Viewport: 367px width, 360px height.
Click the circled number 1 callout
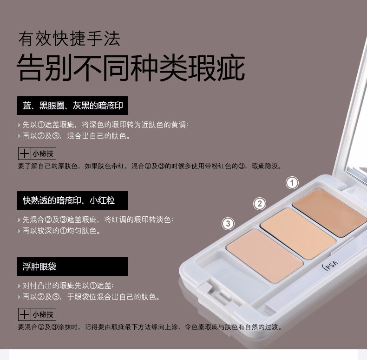tap(292, 183)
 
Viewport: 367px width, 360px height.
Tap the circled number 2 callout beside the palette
tap(260, 204)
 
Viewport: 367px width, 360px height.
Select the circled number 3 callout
tap(228, 223)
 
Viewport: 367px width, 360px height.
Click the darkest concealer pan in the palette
tap(329, 212)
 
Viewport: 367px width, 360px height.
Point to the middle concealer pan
tap(298, 233)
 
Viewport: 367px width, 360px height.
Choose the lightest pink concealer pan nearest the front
tap(265, 255)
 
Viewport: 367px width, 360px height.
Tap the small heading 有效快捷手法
tap(69, 39)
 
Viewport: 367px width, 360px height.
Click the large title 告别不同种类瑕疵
tap(131, 68)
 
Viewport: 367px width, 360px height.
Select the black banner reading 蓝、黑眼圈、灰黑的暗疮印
tap(72, 106)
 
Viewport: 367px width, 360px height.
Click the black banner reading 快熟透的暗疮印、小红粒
tap(72, 200)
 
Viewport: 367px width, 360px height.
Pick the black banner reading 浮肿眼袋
tap(72, 267)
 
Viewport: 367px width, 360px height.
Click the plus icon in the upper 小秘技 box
tap(25, 153)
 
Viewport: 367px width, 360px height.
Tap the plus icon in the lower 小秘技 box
tap(25, 314)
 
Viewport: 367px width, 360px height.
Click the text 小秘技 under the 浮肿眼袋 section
tap(43, 314)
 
